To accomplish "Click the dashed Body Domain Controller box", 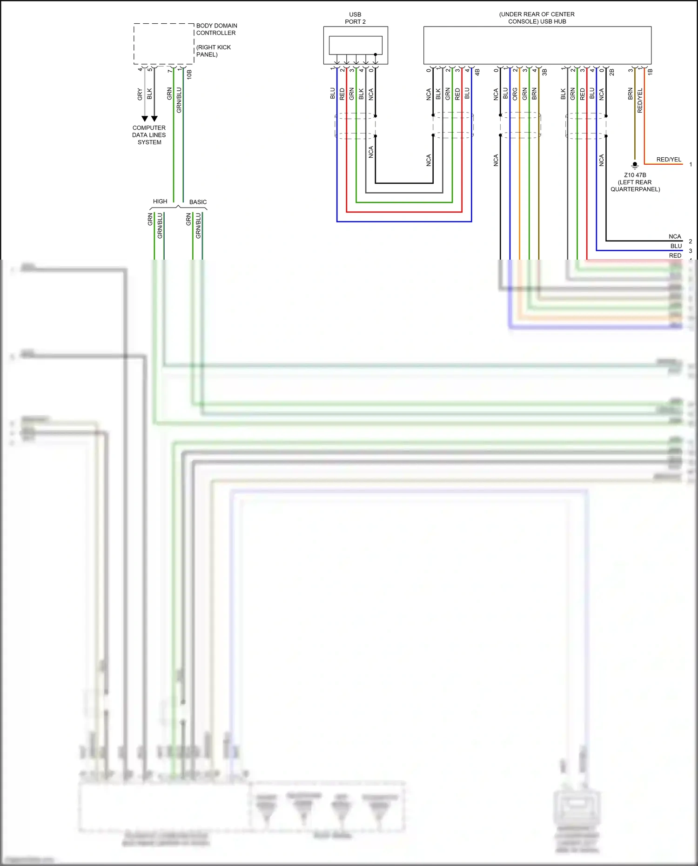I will coord(164,44).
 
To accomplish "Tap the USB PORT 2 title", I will coord(355,18).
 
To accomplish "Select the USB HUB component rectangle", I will coord(537,45).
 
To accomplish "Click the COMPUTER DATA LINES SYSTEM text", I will coord(149,135).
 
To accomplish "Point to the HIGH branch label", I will coord(160,201).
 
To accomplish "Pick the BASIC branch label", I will coord(198,202).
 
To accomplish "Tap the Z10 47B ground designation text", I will coord(635,175).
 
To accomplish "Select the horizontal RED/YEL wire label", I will coord(669,160).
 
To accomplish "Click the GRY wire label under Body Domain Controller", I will coord(140,94).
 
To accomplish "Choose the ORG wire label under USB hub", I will coord(515,94).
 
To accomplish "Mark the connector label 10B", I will coord(189,74).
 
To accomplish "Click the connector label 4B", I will coord(477,73).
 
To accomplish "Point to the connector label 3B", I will coord(544,73).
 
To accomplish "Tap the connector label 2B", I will coord(612,73).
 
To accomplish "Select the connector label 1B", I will coord(651,72).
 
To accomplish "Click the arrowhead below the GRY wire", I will coord(145,119).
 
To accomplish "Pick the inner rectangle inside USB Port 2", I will coord(356,45).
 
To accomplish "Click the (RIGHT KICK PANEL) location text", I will coord(214,51).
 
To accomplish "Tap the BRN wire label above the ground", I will coord(631,94).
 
